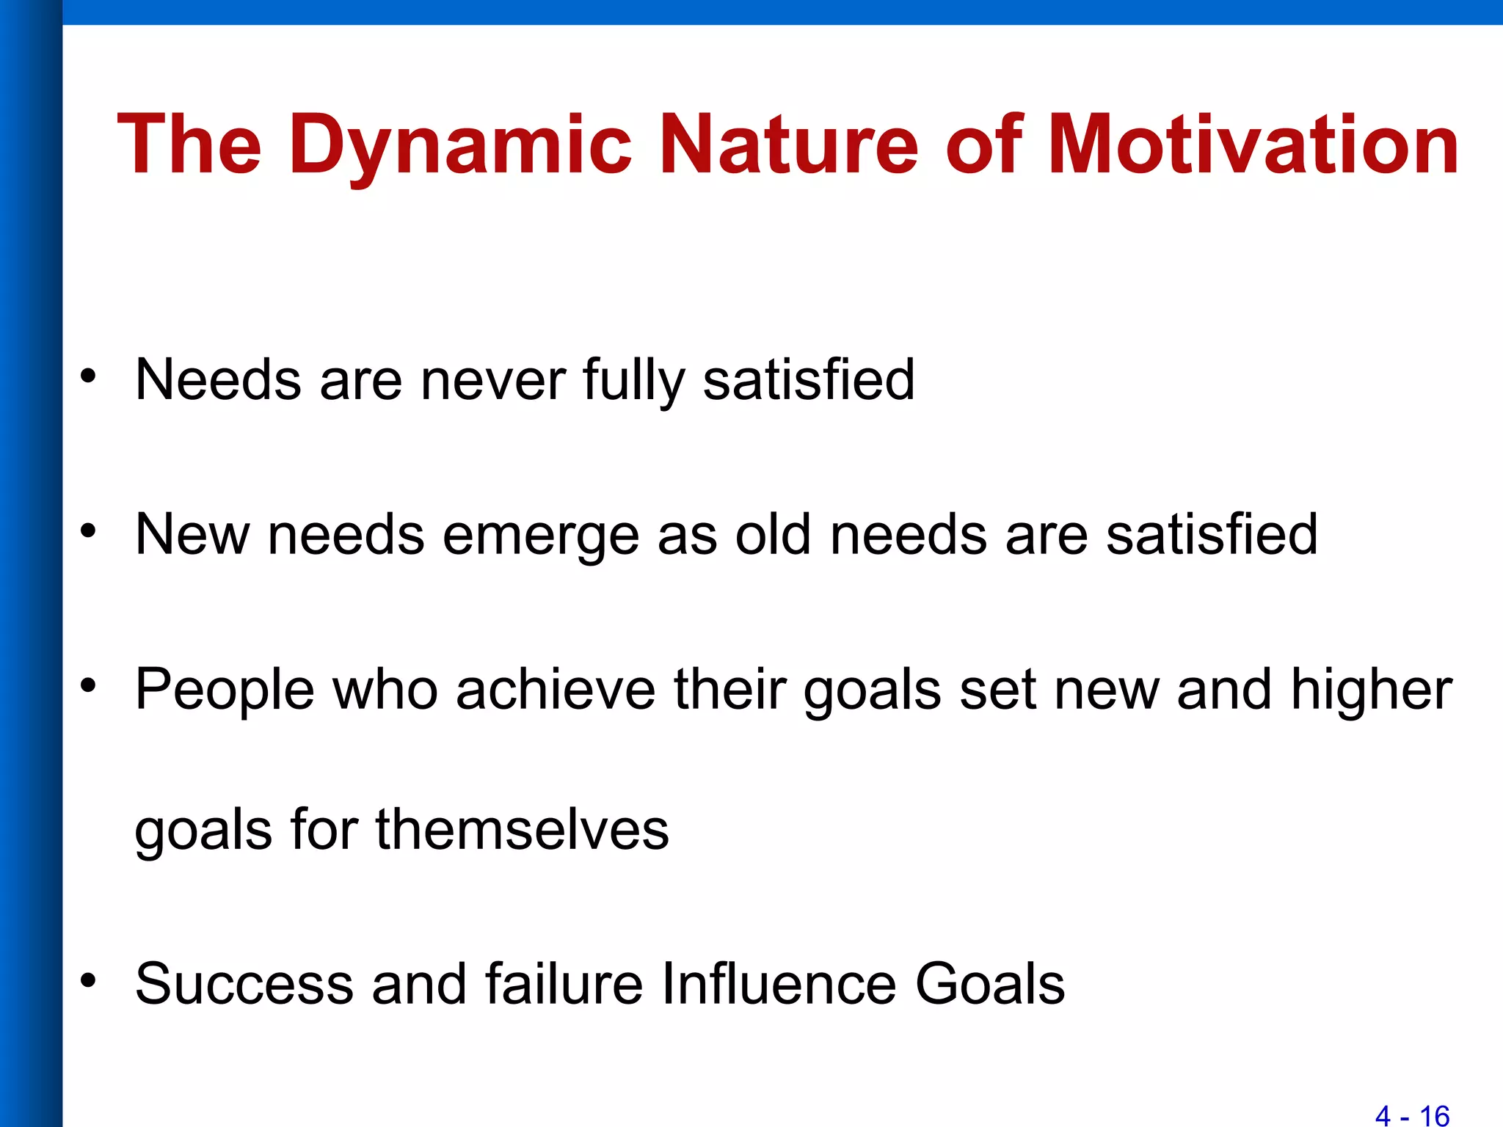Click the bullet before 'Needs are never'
tap(88, 376)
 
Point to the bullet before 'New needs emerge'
tap(88, 530)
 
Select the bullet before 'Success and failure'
tap(88, 980)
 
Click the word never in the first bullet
tap(492, 380)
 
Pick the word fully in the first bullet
tap(633, 380)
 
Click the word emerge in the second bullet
tap(541, 536)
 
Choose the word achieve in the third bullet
tap(555, 690)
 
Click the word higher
tap(1371, 690)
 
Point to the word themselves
tap(522, 829)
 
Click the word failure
tap(564, 984)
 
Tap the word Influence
tap(778, 984)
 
